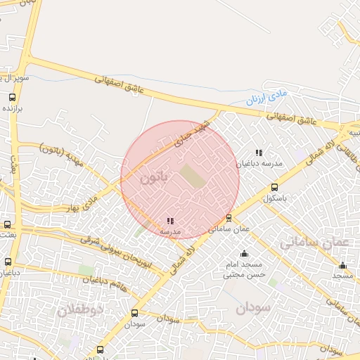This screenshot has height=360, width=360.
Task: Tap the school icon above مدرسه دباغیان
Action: point(259,152)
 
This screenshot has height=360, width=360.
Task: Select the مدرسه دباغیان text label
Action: point(259,163)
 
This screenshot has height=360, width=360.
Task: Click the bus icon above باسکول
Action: point(274,187)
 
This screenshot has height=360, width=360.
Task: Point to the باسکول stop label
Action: point(277,198)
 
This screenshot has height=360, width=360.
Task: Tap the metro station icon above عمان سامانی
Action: point(229,218)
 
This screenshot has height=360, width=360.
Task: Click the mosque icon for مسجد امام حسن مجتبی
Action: point(244,253)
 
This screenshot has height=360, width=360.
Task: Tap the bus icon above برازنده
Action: point(12,98)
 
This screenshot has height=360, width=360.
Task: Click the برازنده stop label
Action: point(14,109)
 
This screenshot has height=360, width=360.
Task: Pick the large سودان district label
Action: point(252,307)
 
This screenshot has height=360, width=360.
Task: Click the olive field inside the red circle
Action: point(193,176)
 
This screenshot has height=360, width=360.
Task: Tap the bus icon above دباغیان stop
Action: point(8,263)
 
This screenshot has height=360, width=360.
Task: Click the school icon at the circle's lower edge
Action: point(170,221)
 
